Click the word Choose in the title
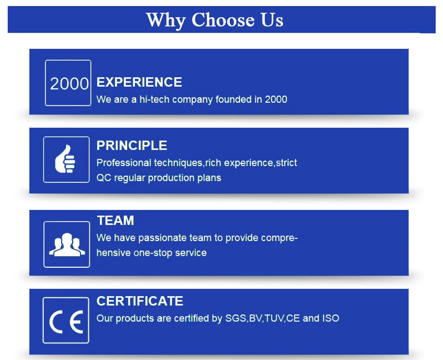223,20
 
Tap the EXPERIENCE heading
139,82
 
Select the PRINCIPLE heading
132,146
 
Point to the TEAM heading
115,221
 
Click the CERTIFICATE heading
140,301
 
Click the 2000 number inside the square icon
69,84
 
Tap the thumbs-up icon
66,159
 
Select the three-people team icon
67,244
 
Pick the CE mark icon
66,322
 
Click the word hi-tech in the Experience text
154,99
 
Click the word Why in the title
166,21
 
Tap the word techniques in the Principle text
178,163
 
